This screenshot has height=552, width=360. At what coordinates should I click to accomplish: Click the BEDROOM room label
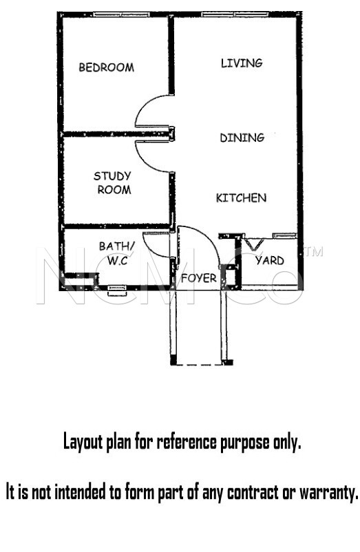pyautogui.click(x=106, y=67)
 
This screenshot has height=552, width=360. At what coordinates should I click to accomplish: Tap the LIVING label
pyautogui.click(x=242, y=63)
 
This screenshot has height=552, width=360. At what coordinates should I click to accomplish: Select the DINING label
pyautogui.click(x=242, y=137)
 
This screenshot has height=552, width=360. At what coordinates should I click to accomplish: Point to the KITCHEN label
pyautogui.click(x=241, y=198)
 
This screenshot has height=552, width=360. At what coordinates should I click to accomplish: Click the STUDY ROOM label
pyautogui.click(x=113, y=182)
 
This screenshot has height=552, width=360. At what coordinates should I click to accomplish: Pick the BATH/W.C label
pyautogui.click(x=116, y=253)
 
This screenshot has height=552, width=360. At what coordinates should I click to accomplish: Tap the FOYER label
pyautogui.click(x=199, y=279)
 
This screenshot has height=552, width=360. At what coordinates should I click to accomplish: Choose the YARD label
pyautogui.click(x=270, y=261)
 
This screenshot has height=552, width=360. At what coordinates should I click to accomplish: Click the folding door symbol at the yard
pyautogui.click(x=254, y=244)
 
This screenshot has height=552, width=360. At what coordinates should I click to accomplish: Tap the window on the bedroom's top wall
pyautogui.click(x=121, y=14)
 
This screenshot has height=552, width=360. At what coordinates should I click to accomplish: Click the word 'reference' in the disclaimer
pyautogui.click(x=186, y=441)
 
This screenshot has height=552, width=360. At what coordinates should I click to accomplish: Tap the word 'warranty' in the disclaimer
pyautogui.click(x=328, y=492)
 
